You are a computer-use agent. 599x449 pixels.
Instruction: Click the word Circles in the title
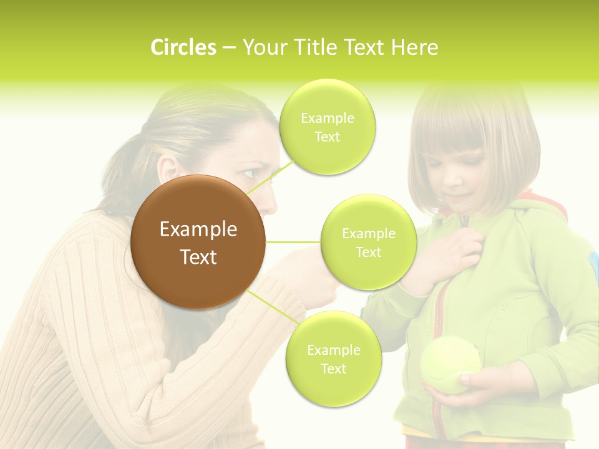click(183, 47)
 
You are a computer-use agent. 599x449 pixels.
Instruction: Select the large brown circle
click(198, 242)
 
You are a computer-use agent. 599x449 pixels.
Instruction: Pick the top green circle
click(328, 127)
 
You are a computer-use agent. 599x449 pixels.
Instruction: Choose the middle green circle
click(369, 243)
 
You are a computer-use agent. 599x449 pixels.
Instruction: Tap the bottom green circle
click(333, 359)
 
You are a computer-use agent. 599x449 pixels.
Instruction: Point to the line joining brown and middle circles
click(293, 242)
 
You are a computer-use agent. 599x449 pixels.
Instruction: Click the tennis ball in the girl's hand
click(450, 365)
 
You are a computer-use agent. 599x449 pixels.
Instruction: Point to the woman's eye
click(248, 173)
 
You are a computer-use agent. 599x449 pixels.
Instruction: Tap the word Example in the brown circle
click(198, 229)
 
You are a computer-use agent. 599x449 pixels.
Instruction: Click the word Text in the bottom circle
click(333, 369)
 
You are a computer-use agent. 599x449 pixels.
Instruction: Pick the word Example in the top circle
click(328, 118)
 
